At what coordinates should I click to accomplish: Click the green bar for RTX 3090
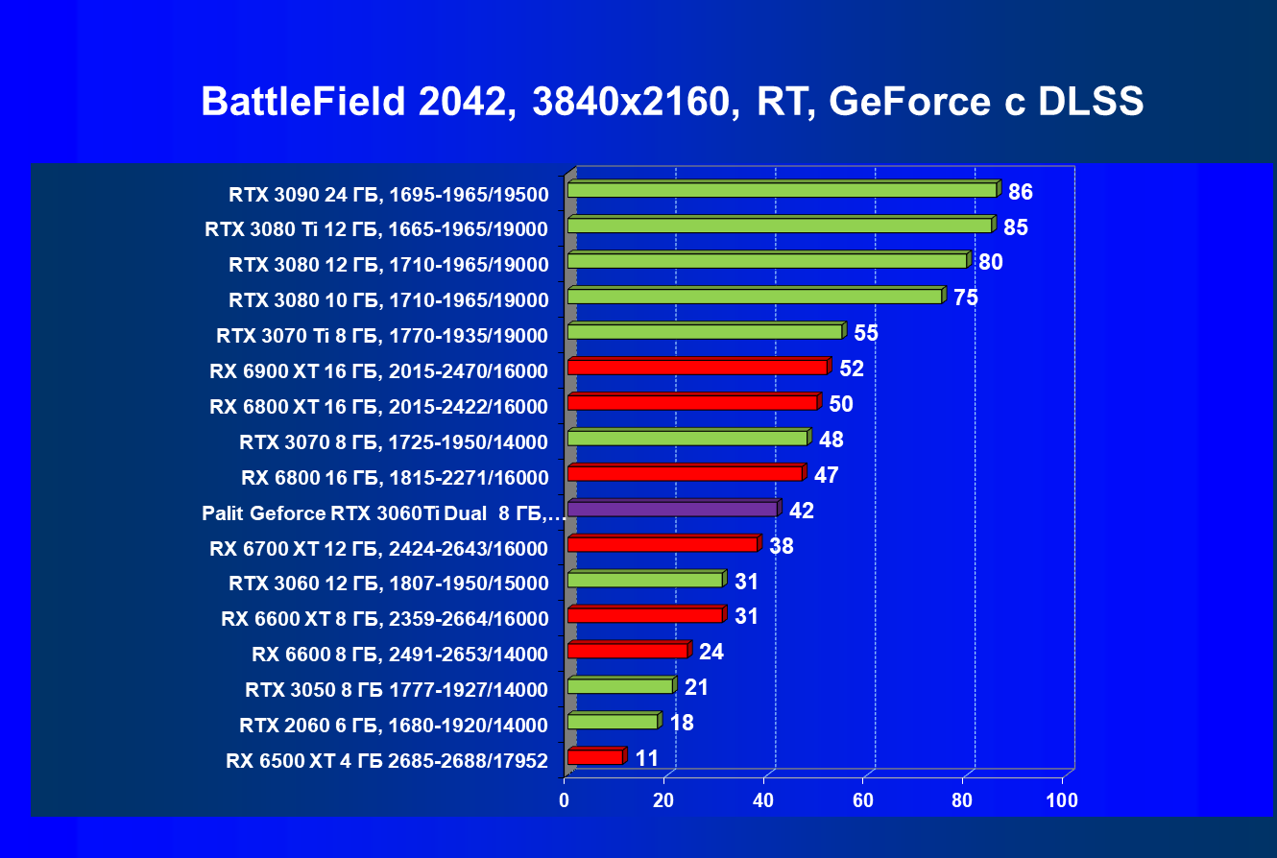783,190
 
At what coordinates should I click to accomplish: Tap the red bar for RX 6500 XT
595,757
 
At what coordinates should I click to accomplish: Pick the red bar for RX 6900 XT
697,367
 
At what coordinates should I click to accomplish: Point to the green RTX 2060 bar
613,721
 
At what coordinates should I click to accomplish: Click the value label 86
1020,192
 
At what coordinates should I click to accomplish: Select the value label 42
801,511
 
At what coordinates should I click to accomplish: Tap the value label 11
647,758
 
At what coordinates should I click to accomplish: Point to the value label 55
866,334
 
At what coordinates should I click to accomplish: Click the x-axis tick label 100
1062,800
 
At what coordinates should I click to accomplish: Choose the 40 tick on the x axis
764,800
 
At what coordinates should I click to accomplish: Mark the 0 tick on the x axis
565,800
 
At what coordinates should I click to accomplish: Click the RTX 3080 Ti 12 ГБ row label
376,229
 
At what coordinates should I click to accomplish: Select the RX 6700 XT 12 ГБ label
378,549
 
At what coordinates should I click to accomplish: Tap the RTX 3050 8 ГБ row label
396,690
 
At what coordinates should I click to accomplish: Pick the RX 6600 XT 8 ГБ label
384,619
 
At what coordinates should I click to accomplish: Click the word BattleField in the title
302,102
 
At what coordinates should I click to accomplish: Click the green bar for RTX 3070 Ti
705,331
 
